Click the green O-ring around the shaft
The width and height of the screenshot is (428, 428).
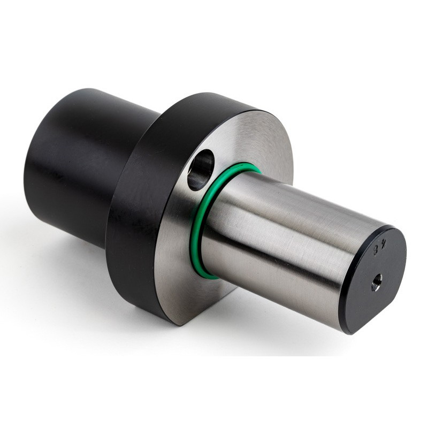click(199, 235)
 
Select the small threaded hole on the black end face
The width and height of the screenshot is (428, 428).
click(377, 280)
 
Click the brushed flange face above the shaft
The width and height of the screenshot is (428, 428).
click(251, 139)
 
